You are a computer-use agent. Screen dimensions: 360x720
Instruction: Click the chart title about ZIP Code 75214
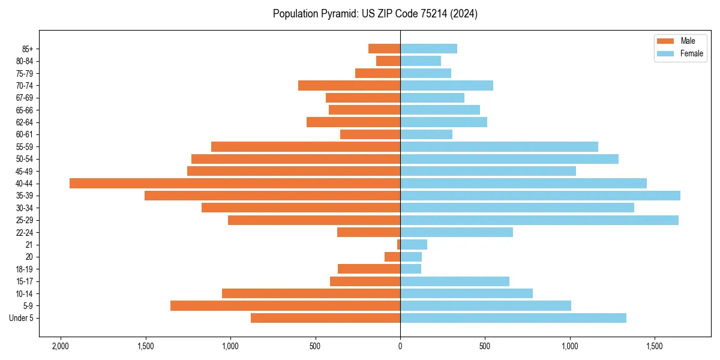pos(375,14)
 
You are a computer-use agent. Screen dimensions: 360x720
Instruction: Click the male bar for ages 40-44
pos(235,183)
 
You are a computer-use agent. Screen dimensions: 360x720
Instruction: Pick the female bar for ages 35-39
pos(540,196)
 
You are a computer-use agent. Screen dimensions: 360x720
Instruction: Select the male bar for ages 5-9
pos(285,305)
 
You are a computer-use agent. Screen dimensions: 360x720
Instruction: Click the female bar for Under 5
pos(513,318)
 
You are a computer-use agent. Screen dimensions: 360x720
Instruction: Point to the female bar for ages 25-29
pos(539,220)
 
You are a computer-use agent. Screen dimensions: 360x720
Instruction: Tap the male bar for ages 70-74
pos(349,85)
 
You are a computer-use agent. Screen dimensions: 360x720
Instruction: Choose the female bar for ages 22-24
pos(457,232)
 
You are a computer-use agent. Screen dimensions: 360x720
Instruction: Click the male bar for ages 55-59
pos(305,146)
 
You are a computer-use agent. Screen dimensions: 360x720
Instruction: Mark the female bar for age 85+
pos(428,49)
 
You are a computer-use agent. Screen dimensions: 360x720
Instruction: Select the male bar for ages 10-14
pos(311,293)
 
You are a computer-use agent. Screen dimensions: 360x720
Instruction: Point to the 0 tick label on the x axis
pos(400,347)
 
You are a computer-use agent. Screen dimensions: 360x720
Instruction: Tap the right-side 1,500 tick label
pos(655,347)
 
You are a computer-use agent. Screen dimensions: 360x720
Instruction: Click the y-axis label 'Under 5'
pos(21,318)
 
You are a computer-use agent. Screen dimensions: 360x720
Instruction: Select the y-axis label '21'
pos(29,245)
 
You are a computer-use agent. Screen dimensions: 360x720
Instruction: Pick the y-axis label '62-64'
pos(25,122)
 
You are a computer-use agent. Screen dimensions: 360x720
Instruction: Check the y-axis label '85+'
pos(26,49)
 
